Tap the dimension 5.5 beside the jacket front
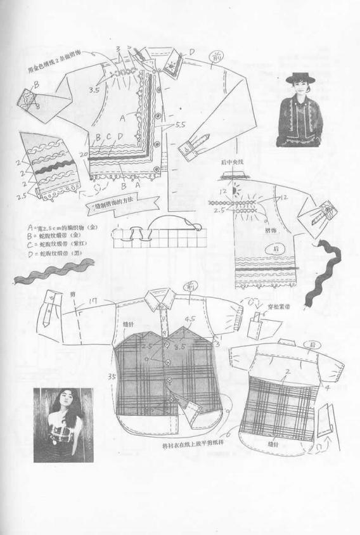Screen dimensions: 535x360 [179, 126]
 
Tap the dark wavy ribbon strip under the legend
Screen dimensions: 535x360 [51, 273]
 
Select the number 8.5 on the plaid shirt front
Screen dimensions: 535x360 [179, 347]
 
